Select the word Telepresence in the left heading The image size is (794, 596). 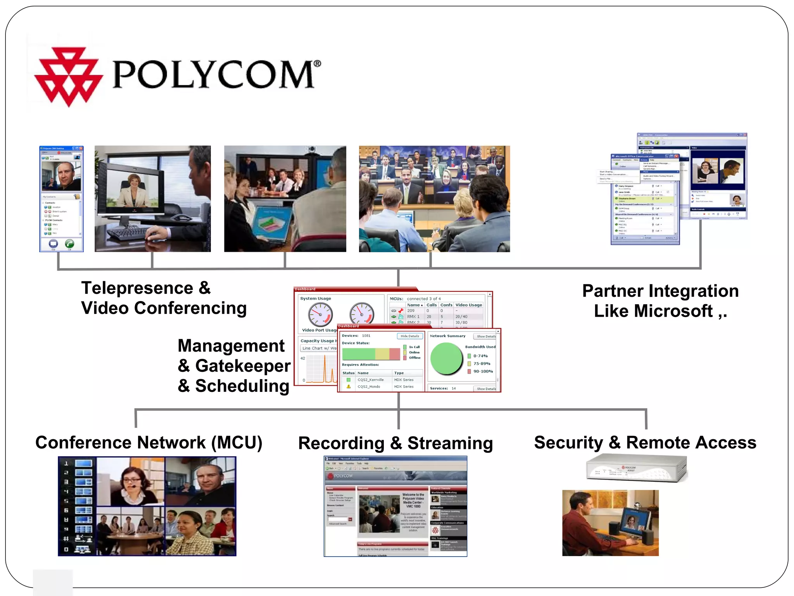coord(137,288)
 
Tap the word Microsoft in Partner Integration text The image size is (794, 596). coord(653,311)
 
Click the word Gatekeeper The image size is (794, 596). coord(243,366)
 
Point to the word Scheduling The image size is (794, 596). coord(242,386)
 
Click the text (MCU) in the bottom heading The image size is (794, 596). coord(237,443)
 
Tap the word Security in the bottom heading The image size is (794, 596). coord(568,443)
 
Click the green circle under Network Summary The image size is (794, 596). coord(447,359)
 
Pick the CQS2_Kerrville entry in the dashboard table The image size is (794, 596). coord(370,380)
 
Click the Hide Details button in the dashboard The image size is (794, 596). coord(409,336)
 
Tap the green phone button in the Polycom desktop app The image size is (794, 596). coord(69,244)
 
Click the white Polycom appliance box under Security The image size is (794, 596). coord(636,468)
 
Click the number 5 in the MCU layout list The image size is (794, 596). coord(66,501)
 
